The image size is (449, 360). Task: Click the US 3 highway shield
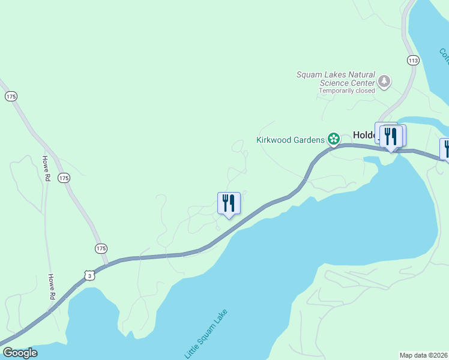[89, 275]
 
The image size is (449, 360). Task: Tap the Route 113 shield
[412, 60]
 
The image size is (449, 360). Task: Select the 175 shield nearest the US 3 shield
[101, 248]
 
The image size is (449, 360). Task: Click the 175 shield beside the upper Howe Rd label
[64, 178]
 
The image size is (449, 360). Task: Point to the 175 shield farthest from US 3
[11, 96]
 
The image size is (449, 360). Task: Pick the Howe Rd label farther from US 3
[45, 169]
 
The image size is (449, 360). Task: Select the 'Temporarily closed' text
[346, 91]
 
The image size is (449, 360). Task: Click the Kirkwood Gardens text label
[291, 140]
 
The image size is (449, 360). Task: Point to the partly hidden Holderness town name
[364, 136]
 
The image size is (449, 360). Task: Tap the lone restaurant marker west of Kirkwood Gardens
[229, 203]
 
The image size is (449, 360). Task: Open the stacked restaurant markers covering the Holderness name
[391, 136]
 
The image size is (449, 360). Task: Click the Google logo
[19, 353]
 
